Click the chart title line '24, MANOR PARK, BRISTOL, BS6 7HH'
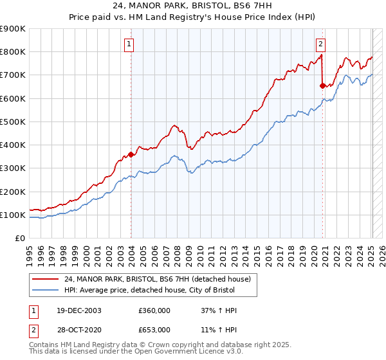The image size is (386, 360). (x=193, y=7)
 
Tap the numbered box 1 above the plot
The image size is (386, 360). (x=129, y=44)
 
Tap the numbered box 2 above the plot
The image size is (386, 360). (x=320, y=44)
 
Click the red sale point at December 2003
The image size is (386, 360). (x=131, y=154)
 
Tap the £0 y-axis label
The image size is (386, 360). (x=19, y=239)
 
